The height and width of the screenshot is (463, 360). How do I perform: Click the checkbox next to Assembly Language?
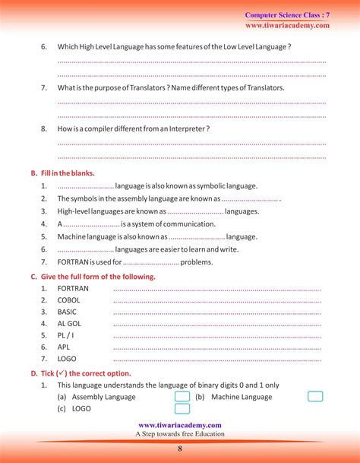pyautogui.click(x=182, y=397)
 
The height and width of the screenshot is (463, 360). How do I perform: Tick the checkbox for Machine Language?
pyautogui.click(x=315, y=397)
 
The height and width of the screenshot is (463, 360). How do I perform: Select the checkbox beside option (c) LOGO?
pyautogui.click(x=182, y=408)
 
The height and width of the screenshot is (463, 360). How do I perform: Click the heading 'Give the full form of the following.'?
pyautogui.click(x=98, y=277)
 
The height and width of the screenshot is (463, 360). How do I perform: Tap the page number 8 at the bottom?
pyautogui.click(x=180, y=449)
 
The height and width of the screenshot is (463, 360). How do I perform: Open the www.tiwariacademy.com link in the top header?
pyautogui.click(x=287, y=25)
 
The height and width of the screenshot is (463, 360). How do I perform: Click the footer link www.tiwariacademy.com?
pyautogui.click(x=180, y=425)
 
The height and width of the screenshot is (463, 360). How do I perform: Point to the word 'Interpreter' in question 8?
pyautogui.click(x=187, y=129)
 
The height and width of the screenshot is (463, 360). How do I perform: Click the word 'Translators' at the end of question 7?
pyautogui.click(x=263, y=88)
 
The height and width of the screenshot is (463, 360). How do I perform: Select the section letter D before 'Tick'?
pyautogui.click(x=33, y=374)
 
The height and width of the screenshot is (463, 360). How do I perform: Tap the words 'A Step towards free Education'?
pyautogui.click(x=180, y=434)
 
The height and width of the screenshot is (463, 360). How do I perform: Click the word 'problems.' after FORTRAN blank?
pyautogui.click(x=197, y=262)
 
